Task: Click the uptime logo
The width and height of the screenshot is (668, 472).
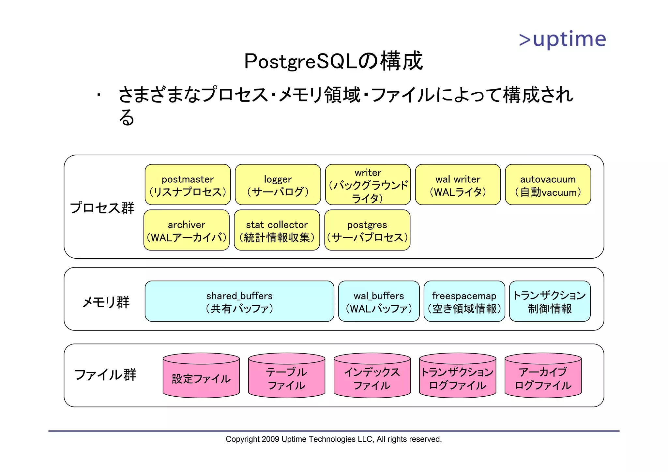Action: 562,39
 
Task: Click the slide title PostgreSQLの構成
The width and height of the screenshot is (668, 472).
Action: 333,61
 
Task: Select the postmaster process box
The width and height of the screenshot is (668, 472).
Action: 188,185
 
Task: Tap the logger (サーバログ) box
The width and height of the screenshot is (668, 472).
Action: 278,185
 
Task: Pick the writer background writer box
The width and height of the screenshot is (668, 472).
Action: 368,185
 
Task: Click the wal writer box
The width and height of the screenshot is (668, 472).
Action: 458,185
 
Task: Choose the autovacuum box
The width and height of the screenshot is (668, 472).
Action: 548,185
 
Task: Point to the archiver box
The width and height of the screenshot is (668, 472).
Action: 186,230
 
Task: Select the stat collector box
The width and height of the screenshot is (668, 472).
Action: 277,230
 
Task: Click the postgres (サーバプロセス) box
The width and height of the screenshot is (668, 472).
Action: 367,230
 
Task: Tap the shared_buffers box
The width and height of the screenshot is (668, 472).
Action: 239,301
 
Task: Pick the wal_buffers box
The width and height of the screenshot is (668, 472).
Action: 379,301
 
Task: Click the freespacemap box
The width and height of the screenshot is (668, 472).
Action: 464,301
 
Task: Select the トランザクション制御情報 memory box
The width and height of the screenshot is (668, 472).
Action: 550,301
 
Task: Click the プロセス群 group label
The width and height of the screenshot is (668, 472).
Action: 102,208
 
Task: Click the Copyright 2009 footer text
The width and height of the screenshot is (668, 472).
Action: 333,439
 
